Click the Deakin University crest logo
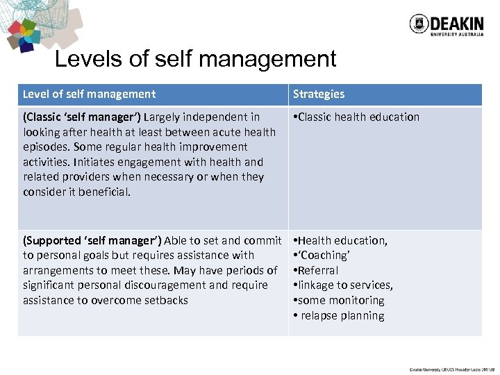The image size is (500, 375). (418, 24)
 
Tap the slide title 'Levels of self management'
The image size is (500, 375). (195, 59)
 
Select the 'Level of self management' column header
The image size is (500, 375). (89, 94)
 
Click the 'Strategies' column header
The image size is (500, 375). (318, 94)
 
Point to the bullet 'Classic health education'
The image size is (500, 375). (358, 117)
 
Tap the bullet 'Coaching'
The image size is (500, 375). (323, 256)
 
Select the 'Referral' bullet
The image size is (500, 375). (318, 270)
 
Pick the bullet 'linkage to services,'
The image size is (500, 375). (345, 285)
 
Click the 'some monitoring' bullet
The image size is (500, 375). (340, 300)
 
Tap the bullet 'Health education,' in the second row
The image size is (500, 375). (342, 240)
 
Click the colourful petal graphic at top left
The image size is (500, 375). (25, 35)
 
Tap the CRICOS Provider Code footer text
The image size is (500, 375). (451, 369)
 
